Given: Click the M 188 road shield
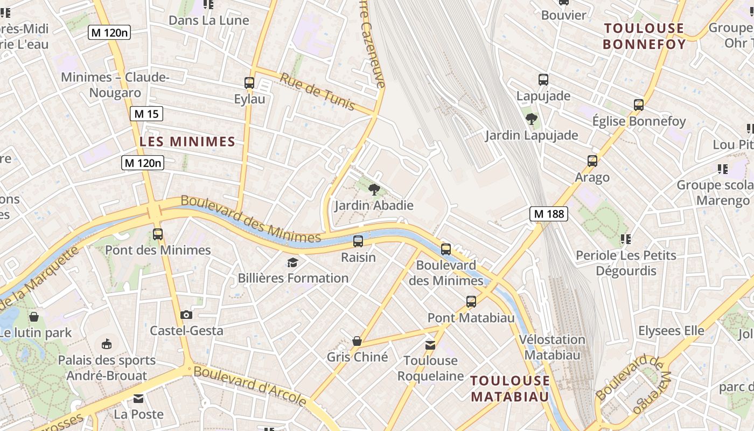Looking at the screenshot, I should [x=548, y=214].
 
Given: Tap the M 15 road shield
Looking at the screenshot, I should [x=146, y=114].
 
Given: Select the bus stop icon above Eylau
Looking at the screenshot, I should [x=249, y=83].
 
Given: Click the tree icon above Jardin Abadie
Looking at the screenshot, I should [x=374, y=189].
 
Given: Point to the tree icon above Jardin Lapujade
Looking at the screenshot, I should [x=532, y=119].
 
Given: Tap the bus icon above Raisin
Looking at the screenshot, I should [x=358, y=241].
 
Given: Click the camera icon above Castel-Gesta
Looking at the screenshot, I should [x=186, y=315].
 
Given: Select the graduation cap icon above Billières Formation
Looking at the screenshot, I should [x=292, y=262].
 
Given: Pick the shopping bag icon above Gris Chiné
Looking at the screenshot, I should [x=357, y=341].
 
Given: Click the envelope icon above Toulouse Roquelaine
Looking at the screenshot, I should [x=430, y=345].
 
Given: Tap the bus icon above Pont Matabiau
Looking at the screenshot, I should [x=471, y=302].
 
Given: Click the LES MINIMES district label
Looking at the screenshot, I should [x=187, y=142].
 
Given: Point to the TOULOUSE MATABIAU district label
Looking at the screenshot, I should [x=510, y=388].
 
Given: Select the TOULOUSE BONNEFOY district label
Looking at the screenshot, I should [x=644, y=36].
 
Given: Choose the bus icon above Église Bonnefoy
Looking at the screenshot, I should [x=639, y=105].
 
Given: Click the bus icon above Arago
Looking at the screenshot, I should [x=592, y=161].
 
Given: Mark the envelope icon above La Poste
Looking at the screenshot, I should [x=138, y=399].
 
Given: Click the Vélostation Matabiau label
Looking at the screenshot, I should [x=552, y=347].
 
